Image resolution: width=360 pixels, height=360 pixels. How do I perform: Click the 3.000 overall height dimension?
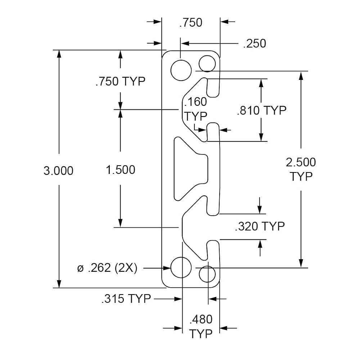[59, 171]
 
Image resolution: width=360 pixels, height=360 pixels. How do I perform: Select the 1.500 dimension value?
[121, 170]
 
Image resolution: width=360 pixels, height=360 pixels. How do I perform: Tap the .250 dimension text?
[255, 44]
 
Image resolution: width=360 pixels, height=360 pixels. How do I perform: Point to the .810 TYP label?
[262, 111]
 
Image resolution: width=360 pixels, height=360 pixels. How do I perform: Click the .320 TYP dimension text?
[260, 226]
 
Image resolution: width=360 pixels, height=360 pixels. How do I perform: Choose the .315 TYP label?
[126, 299]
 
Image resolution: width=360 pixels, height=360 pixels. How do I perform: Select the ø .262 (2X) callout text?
[107, 268]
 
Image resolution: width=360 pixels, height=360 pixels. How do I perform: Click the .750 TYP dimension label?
[121, 81]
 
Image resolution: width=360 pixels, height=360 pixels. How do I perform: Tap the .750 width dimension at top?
[191, 22]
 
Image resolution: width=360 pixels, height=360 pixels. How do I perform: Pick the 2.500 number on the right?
[301, 162]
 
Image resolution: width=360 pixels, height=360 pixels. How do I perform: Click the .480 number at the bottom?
[201, 319]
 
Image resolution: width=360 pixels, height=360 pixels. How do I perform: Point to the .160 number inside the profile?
[195, 102]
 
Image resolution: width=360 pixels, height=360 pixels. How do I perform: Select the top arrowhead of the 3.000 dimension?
[59, 54]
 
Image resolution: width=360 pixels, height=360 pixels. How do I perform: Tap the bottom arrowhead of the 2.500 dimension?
[301, 264]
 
